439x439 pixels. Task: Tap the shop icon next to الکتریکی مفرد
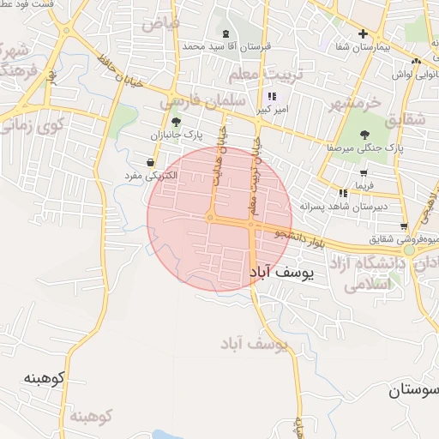151,162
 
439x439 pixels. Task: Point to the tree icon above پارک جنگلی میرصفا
365,134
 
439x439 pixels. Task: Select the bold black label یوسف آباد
281,273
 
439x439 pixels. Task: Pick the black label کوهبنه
45,378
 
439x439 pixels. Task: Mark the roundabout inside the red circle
210,218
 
